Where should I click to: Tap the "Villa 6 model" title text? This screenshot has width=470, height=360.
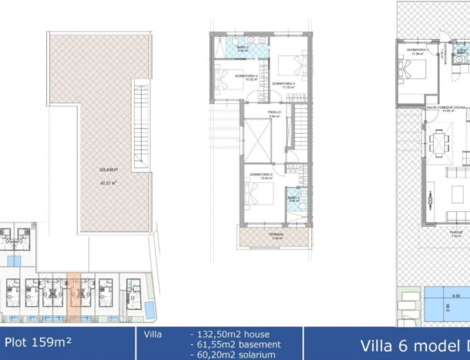tap(407, 345)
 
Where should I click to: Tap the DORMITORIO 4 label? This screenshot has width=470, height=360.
tap(230, 77)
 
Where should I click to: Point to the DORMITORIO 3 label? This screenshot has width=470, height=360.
tap(283, 84)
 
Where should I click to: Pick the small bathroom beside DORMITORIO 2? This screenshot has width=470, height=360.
tap(292, 200)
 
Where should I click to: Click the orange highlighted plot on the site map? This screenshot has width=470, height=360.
tap(74, 297)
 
